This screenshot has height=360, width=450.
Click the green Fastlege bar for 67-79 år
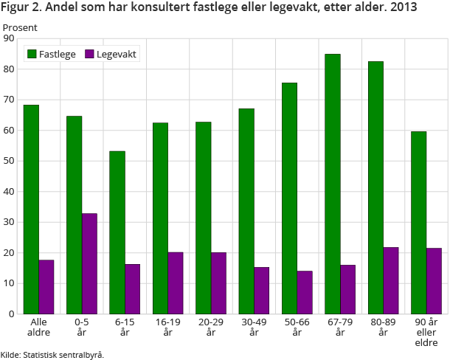[333, 184]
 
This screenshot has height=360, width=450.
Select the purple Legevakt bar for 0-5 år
[89, 263]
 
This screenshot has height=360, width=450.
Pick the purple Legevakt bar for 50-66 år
[305, 292]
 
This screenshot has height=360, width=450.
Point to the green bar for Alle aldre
[31, 209]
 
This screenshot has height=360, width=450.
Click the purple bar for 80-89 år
[391, 280]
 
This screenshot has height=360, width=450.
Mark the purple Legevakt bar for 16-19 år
[176, 283]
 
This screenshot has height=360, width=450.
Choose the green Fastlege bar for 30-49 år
[246, 211]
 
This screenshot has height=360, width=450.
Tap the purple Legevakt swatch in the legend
[90, 54]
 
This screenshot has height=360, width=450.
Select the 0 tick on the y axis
[11, 314]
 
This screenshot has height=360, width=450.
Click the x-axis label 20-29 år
[211, 327]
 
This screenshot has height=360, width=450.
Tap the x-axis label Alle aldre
[38, 327]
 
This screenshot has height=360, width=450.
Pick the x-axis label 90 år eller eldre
[426, 332]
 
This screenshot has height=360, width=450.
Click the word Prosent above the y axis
[20, 27]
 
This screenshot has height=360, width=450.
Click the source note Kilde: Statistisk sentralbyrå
[52, 355]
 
